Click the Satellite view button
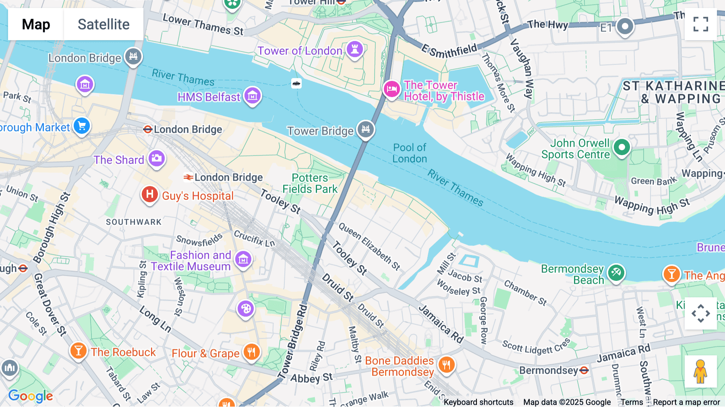(x=104, y=24)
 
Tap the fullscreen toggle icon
(x=700, y=24)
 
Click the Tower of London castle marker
(x=355, y=50)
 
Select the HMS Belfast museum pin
(x=253, y=96)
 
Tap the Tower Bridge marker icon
(x=366, y=129)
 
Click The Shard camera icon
(x=156, y=158)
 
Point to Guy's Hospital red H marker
(x=149, y=195)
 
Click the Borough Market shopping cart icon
(x=82, y=127)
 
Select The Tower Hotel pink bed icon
(x=391, y=89)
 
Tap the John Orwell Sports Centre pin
(x=621, y=147)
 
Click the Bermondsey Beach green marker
(x=616, y=273)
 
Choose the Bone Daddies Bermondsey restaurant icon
(x=446, y=365)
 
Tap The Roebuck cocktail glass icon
(x=79, y=351)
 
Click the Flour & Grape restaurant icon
(x=251, y=352)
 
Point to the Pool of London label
(x=410, y=153)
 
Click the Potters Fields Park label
(x=310, y=183)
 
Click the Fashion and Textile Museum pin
(x=243, y=260)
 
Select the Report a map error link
(x=686, y=402)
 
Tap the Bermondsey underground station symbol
(x=584, y=370)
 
